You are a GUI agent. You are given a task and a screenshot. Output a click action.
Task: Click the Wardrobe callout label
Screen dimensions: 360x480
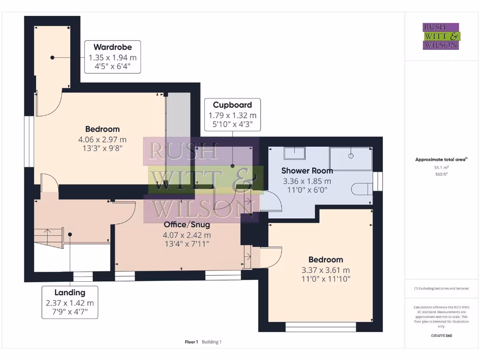click(112, 47)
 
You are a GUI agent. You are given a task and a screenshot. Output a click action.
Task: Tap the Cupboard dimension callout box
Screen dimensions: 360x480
click(232, 115)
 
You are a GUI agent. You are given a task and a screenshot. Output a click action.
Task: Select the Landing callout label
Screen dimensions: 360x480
click(70, 293)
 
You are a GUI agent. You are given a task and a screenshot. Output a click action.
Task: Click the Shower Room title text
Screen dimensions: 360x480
click(307, 171)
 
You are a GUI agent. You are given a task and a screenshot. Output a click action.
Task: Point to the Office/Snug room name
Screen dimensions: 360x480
click(187, 225)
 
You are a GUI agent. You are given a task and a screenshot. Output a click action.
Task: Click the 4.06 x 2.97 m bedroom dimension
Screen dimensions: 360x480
click(102, 140)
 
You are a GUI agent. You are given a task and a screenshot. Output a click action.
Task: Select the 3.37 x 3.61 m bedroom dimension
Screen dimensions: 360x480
click(325, 270)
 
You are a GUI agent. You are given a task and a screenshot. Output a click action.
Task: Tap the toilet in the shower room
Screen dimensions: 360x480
click(361, 188)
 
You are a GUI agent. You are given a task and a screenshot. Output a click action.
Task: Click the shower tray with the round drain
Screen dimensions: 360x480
click(351, 158)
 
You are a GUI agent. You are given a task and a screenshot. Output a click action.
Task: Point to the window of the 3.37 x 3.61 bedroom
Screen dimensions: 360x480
click(320, 326)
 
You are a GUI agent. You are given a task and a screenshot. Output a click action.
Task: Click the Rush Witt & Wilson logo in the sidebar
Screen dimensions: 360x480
click(441, 37)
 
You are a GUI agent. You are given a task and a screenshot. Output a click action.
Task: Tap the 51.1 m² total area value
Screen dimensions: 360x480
click(441, 167)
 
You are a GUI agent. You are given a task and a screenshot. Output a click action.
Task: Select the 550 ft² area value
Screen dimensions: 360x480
click(441, 173)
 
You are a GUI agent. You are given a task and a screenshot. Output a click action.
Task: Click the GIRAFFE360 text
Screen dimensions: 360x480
click(441, 336)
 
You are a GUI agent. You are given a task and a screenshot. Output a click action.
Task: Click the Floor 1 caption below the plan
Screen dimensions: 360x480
click(192, 342)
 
